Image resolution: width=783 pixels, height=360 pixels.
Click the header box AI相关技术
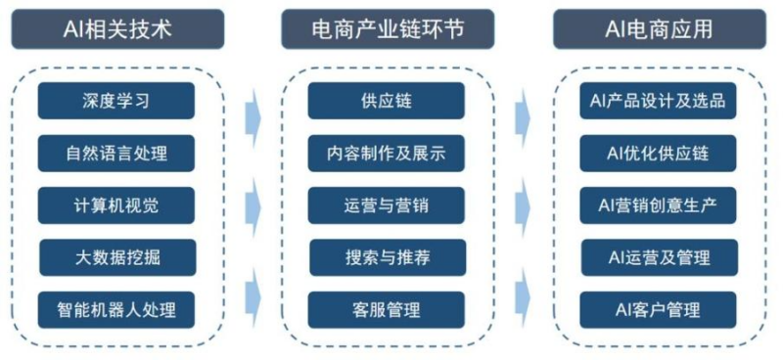point(117,28)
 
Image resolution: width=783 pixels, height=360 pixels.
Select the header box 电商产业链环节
point(387,28)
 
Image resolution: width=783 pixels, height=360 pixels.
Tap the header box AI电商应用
point(658,28)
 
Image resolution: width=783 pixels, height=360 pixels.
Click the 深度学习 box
point(116,101)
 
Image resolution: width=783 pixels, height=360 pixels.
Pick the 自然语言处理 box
point(116,154)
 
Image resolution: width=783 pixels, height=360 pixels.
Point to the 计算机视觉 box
point(116,205)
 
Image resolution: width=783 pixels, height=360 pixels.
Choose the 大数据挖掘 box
point(116,258)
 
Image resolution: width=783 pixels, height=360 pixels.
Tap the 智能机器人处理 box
point(116,310)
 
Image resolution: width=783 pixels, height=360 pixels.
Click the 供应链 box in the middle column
point(387,101)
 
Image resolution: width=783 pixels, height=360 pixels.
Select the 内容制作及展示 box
point(387,154)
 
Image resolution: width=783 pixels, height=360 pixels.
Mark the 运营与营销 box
point(387,205)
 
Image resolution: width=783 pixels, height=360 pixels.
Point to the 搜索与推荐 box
point(387,258)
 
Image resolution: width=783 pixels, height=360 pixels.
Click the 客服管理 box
point(387,310)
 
